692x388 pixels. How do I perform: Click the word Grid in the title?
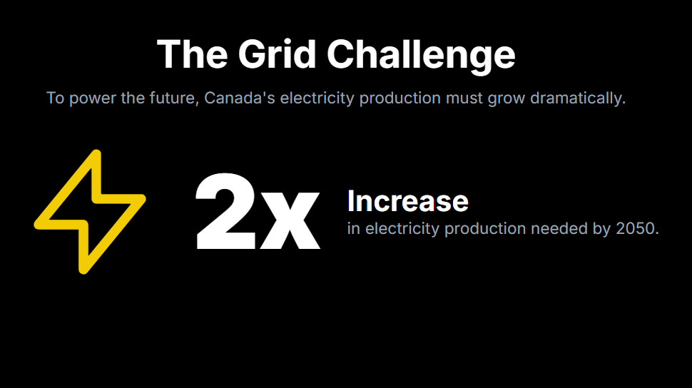click(x=277, y=54)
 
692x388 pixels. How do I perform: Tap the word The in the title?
click(x=193, y=54)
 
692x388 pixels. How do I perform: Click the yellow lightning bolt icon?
click(x=90, y=212)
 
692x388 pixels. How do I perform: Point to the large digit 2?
click(x=225, y=211)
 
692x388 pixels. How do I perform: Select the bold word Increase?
click(x=408, y=201)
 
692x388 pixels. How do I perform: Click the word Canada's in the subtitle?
click(x=239, y=98)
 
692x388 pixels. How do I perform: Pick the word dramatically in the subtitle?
click(x=578, y=98)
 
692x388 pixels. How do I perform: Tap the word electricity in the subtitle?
click(x=317, y=98)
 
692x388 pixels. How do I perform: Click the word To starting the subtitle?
click(x=55, y=98)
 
